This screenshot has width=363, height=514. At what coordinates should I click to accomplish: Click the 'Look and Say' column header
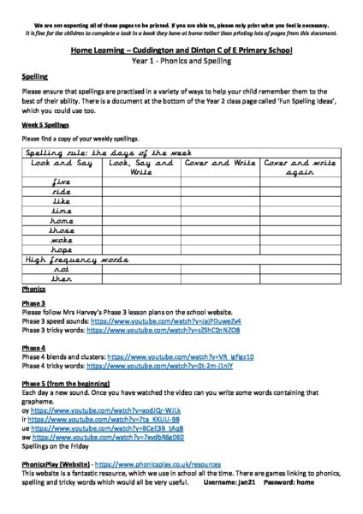coord(61,162)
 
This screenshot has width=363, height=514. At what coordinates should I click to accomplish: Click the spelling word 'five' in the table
coord(61,182)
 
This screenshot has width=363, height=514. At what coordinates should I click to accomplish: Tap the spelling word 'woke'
coord(61,240)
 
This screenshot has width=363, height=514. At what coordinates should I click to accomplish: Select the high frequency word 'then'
coord(61,278)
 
